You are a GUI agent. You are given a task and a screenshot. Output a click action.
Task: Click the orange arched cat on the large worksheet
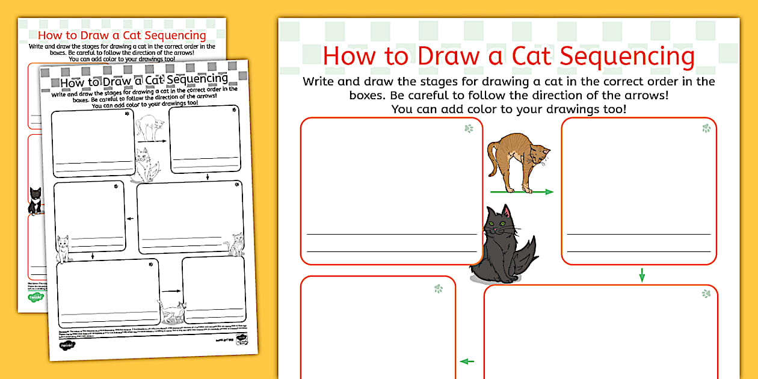pyautogui.click(x=517, y=159)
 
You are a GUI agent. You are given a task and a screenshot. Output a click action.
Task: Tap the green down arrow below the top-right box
pyautogui.click(x=642, y=275)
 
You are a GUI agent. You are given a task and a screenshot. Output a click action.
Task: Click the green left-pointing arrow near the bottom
pyautogui.click(x=467, y=362)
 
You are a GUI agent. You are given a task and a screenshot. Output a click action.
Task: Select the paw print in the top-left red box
pyautogui.click(x=469, y=128)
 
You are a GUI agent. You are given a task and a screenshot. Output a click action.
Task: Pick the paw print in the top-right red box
pyautogui.click(x=706, y=128)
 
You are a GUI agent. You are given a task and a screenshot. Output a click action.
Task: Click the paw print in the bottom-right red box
pyautogui.click(x=706, y=294)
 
